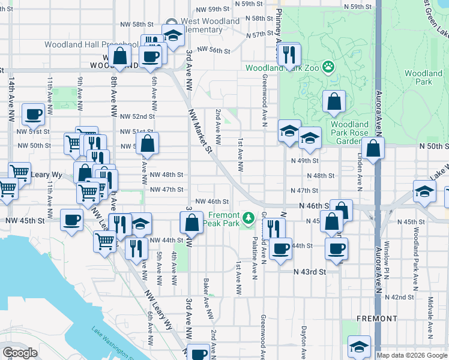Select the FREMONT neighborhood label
pos(376,318)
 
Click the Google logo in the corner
pos(20,353)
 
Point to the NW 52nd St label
pos(137,116)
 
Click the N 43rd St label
pos(309,272)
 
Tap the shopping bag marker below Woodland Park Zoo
pos(334,103)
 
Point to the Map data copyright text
pos(412,355)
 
